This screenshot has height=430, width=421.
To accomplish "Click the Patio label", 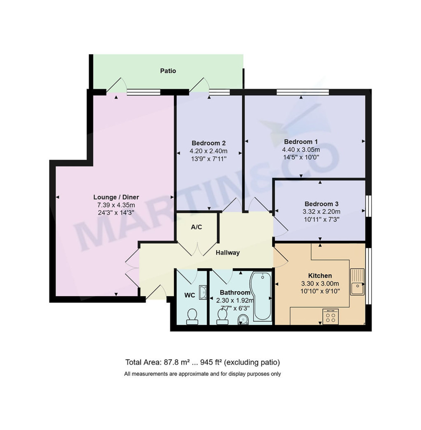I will tap(168, 71).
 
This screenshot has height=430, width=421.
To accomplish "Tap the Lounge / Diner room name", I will tap(116, 197).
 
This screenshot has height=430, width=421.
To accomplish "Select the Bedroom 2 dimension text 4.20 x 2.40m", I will tap(208, 151).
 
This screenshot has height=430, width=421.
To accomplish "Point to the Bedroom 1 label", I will tap(301, 142).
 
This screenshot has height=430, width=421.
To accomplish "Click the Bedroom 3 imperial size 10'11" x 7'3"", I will tap(321, 219).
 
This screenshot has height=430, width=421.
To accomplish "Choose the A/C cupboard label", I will tap(196, 227).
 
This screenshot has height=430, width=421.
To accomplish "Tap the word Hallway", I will tap(227, 253).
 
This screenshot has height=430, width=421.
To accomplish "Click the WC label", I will tap(189, 295).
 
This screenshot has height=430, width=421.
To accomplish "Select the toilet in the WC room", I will tap(192, 316).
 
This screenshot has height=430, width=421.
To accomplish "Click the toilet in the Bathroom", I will tap(222, 316).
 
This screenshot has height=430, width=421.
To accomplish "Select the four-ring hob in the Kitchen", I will tap(330, 317).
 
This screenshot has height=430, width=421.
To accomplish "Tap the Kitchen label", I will tap(320, 276).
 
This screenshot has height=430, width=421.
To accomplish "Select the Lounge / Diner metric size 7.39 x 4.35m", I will tap(116, 205).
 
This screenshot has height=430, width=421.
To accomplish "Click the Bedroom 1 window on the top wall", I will tap(302, 92).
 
